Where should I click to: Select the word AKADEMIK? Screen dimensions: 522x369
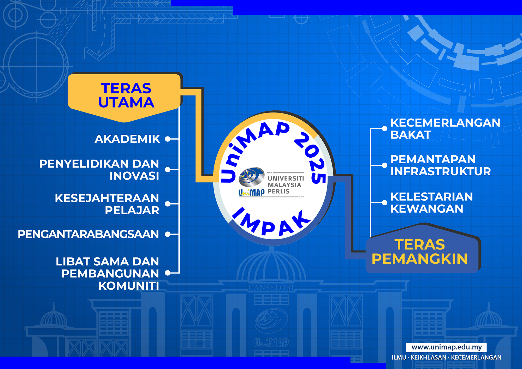point(127,139)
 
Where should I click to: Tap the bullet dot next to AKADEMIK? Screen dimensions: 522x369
point(168,139)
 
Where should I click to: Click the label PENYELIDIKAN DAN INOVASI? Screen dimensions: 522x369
point(99,170)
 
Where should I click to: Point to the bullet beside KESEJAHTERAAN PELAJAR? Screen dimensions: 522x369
point(168,204)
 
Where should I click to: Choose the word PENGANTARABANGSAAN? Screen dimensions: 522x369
point(88,234)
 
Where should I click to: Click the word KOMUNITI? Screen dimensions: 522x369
point(129,286)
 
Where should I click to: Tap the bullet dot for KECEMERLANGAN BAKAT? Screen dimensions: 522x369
point(384,128)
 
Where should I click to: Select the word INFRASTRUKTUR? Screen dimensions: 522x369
point(441,171)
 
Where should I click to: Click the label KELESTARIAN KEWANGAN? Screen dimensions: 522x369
point(432,203)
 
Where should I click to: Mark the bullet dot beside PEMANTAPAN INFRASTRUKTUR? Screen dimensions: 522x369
point(384,165)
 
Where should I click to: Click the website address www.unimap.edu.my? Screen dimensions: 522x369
point(447,347)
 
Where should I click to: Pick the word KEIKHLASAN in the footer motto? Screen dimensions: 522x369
point(429,358)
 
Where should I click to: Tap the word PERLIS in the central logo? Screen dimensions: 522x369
point(278,192)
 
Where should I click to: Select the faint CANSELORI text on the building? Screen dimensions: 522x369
point(271,288)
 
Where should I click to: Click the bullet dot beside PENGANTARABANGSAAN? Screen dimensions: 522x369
point(168,234)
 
